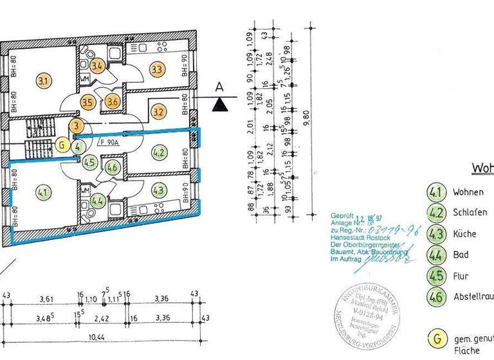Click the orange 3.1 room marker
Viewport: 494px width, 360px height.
(44, 81)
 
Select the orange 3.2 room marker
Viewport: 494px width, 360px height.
(158, 111)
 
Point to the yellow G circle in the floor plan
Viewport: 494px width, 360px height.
(60, 145)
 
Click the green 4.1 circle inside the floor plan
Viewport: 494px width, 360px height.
(44, 191)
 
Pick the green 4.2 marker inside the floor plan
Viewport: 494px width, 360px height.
(158, 152)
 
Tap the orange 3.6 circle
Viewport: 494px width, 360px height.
(113, 100)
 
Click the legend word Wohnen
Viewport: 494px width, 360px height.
(469, 192)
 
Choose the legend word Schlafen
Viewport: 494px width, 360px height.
(470, 213)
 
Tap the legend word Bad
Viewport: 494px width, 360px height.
(461, 255)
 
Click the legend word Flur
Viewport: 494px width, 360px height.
(461, 276)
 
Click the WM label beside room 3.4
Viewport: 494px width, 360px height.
(84, 79)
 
